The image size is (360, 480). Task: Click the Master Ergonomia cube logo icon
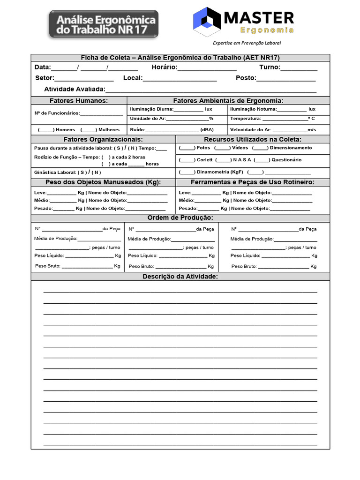207,22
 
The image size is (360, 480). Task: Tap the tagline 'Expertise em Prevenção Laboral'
247,43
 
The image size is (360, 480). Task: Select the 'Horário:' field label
165,67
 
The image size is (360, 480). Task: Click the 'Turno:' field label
270,67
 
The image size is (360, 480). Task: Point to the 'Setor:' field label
45,78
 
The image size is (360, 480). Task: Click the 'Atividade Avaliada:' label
75,89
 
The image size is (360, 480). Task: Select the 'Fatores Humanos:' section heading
79,101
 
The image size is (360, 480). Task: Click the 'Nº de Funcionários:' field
57,113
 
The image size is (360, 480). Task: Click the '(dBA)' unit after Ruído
207,130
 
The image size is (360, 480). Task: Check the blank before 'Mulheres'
89,130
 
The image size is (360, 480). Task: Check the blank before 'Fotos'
187,148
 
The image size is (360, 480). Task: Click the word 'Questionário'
286,160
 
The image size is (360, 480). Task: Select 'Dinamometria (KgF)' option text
220,172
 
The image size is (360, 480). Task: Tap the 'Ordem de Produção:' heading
180,218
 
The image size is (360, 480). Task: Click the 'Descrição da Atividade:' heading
180,277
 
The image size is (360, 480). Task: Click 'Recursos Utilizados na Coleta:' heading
253,139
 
